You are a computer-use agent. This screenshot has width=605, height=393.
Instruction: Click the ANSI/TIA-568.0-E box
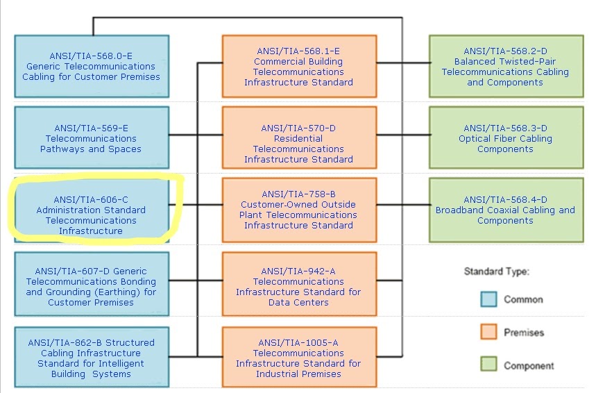[92, 67]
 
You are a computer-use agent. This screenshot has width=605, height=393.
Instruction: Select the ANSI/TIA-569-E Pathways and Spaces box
[92, 137]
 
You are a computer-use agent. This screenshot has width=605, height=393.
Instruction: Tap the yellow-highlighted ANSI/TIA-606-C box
[92, 210]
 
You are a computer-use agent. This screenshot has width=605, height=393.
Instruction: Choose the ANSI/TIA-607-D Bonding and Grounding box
[92, 284]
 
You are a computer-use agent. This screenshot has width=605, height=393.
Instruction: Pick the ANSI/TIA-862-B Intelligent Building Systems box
[92, 357]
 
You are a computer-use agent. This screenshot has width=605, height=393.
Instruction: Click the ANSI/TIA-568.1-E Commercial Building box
[300, 67]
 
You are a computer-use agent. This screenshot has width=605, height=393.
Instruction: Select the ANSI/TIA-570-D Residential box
[300, 137]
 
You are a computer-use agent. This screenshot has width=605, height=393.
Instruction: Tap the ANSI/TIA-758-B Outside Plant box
[300, 210]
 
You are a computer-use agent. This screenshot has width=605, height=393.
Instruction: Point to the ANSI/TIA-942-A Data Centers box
[300, 284]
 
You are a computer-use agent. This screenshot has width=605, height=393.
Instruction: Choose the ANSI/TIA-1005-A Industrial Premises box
[300, 357]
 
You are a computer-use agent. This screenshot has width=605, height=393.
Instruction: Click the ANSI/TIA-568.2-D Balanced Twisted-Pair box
[506, 67]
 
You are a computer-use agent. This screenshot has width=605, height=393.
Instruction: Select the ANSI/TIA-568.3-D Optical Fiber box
[506, 137]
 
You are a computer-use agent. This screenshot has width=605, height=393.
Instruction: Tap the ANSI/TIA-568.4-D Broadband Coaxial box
[506, 210]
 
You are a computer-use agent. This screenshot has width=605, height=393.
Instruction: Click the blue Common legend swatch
[489, 299]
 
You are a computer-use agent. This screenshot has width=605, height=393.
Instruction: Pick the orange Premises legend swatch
[489, 332]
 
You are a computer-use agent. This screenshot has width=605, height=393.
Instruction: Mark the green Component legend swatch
[489, 364]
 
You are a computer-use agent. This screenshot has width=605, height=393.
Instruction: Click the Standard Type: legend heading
[497, 271]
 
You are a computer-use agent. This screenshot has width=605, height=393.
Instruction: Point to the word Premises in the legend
[524, 333]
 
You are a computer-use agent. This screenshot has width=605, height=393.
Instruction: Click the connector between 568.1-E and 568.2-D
[403, 62]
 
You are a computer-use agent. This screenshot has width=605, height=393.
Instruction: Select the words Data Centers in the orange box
[298, 302]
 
